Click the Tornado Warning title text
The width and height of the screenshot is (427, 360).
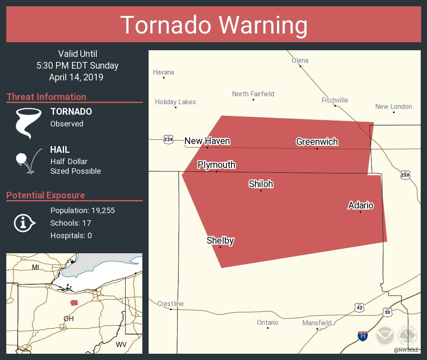tap(213, 25)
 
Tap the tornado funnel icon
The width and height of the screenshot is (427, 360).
tap(28, 123)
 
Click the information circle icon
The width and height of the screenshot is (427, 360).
tap(24, 223)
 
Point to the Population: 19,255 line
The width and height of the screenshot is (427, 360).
tap(82, 210)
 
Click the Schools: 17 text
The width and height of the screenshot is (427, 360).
tap(70, 223)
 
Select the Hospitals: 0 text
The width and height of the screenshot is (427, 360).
tap(71, 235)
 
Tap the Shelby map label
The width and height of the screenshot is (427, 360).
tap(220, 240)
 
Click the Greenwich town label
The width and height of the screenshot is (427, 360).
tap(317, 141)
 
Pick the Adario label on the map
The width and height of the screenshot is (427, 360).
tap(360, 205)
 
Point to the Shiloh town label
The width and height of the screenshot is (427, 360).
tap(261, 184)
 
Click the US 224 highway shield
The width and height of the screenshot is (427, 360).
tap(168, 140)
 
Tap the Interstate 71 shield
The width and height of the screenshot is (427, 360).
tap(363, 335)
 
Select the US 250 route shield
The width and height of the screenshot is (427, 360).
tap(405, 175)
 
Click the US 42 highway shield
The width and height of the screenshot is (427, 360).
tap(359, 308)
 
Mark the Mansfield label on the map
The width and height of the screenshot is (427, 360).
tap(317, 323)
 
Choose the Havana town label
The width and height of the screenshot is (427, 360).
tap(163, 72)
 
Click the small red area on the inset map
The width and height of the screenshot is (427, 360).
tap(74, 303)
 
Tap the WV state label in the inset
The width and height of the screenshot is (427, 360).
tap(121, 345)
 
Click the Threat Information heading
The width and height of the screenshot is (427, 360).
tap(46, 97)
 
